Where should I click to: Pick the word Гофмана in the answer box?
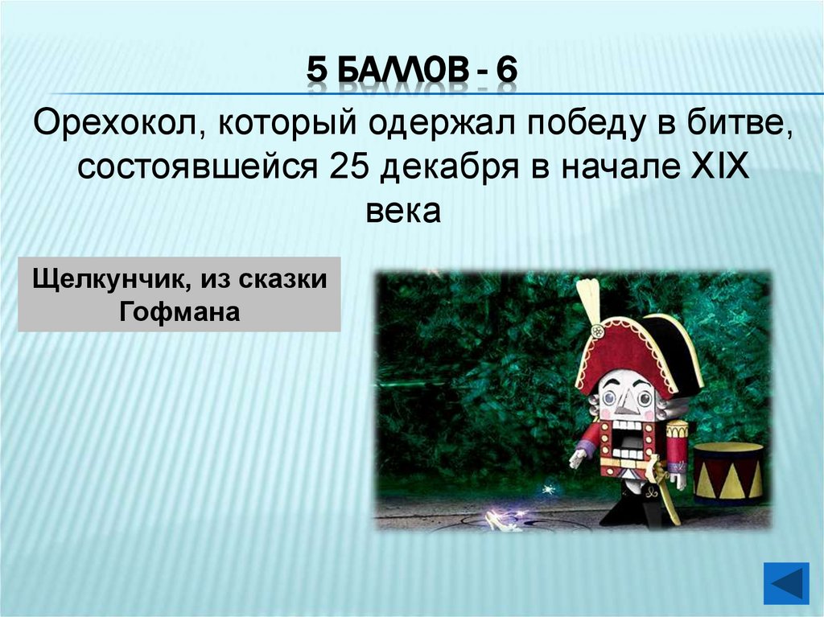[x=179, y=311]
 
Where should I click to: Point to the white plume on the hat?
[x=588, y=302]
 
